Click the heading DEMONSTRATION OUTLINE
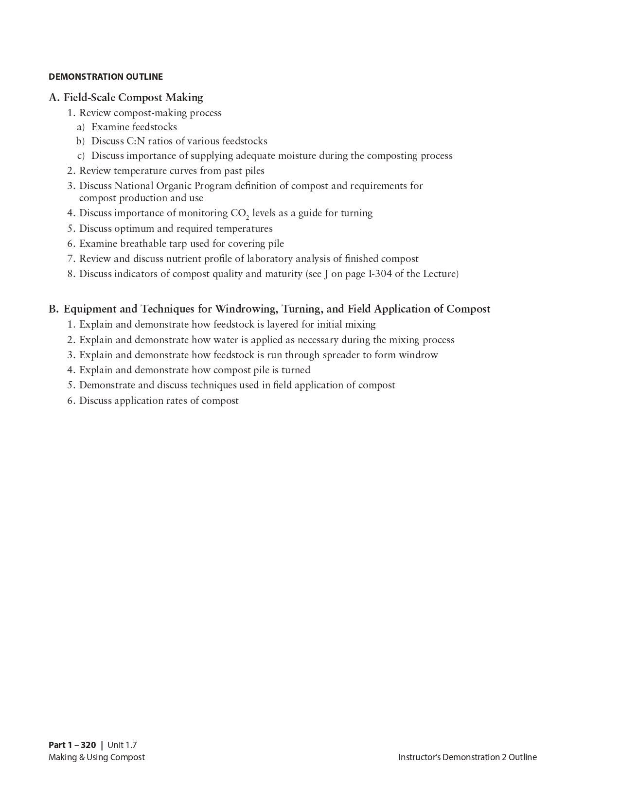point(106,77)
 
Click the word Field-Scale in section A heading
point(89,98)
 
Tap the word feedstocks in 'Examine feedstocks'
point(154,127)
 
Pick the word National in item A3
point(133,186)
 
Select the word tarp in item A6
point(177,244)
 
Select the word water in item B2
point(226,340)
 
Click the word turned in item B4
point(296,370)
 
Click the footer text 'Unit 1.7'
point(122,746)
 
